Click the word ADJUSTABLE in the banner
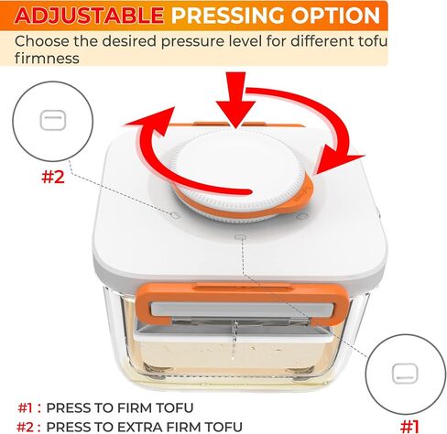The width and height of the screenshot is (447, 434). [89, 16]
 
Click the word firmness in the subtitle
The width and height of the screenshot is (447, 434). [47, 58]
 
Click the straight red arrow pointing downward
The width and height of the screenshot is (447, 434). [235, 100]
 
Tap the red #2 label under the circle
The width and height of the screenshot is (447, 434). [53, 177]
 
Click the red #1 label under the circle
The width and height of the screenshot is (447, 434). [409, 427]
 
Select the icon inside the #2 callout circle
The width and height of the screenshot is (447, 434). [53, 120]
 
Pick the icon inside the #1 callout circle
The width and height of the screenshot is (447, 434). [405, 373]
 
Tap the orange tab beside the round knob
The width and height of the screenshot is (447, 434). [305, 194]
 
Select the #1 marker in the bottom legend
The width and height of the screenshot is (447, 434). [25, 407]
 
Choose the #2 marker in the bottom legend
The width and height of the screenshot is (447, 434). [25, 427]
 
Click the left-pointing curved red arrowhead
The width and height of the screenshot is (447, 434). [153, 122]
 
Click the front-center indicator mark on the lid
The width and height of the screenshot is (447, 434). [240, 237]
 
